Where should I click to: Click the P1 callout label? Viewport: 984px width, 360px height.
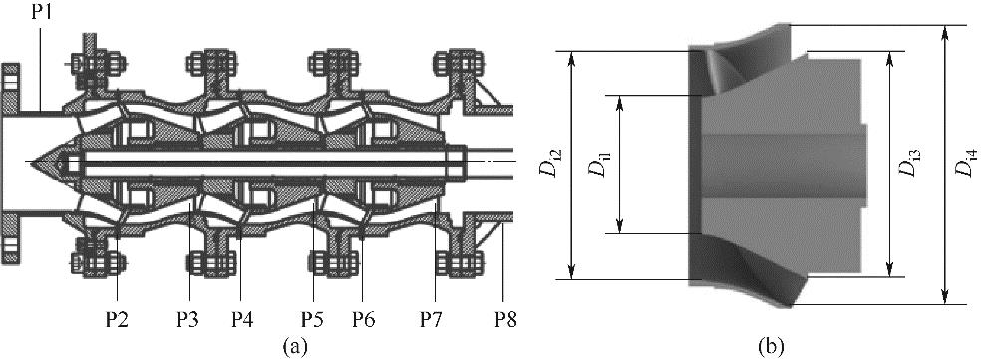coord(43,11)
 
